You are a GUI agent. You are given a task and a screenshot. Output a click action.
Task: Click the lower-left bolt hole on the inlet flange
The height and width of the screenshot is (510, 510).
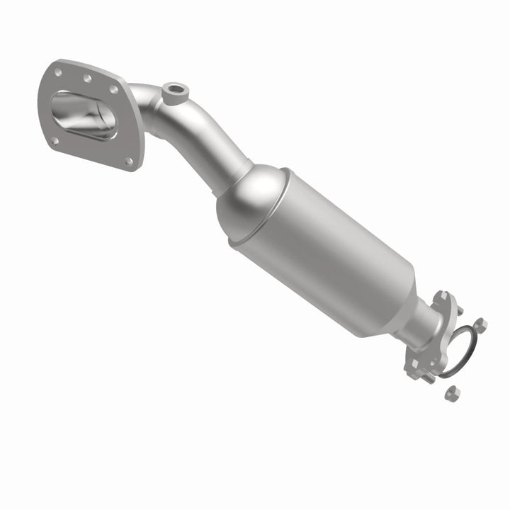[x=55, y=140]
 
